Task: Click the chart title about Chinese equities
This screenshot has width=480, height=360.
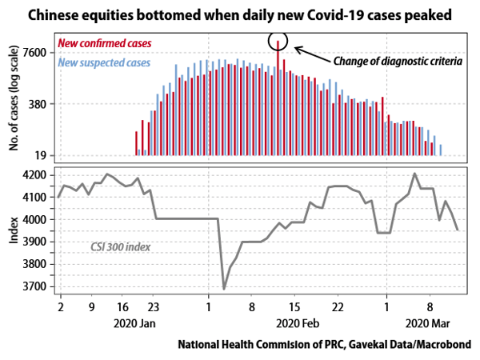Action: pyautogui.click(x=239, y=15)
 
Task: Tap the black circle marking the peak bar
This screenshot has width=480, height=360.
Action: pyautogui.click(x=278, y=41)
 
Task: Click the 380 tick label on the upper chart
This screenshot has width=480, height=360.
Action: pyautogui.click(x=41, y=104)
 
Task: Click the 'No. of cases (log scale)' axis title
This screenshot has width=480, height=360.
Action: pyautogui.click(x=14, y=101)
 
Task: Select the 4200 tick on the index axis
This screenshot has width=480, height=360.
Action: pyautogui.click(x=37, y=174)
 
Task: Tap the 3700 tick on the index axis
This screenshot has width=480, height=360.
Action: pyautogui.click(x=37, y=286)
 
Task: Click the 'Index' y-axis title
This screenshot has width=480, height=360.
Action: pyautogui.click(x=14, y=230)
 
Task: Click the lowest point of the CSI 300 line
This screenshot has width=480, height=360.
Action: pyautogui.click(x=224, y=289)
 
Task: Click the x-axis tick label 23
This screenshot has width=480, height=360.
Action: pyautogui.click(x=155, y=306)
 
